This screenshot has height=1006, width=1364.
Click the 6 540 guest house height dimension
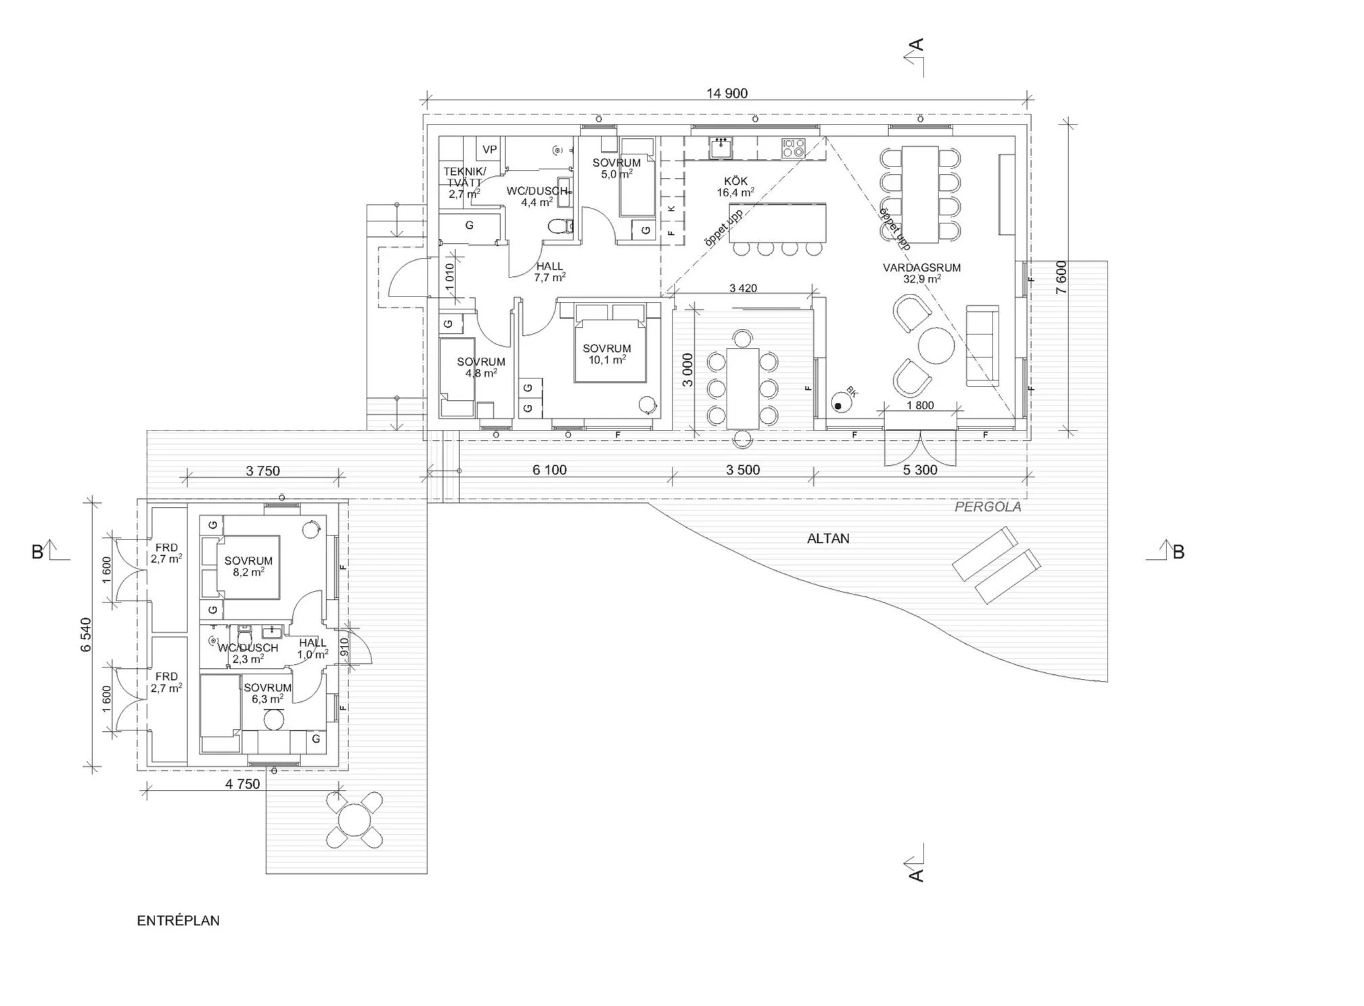[x=86, y=634]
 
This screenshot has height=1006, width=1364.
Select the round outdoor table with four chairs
[x=356, y=820]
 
